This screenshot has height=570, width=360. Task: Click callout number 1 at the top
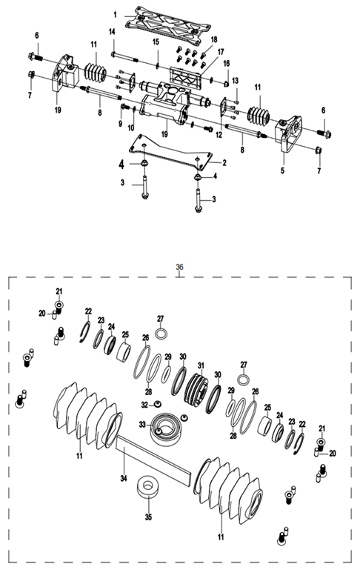click(x=115, y=14)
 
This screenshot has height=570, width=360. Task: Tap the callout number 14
click(x=112, y=31)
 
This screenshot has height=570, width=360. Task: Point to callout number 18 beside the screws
click(x=214, y=39)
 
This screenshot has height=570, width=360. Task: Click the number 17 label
click(x=219, y=51)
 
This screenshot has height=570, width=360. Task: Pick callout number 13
click(x=235, y=80)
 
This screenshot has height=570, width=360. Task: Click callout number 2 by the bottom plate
click(x=224, y=162)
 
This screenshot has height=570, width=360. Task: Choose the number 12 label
click(x=219, y=135)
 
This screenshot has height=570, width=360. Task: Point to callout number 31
click(x=199, y=365)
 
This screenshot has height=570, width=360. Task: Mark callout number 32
click(x=146, y=404)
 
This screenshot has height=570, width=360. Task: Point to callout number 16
click(x=227, y=62)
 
